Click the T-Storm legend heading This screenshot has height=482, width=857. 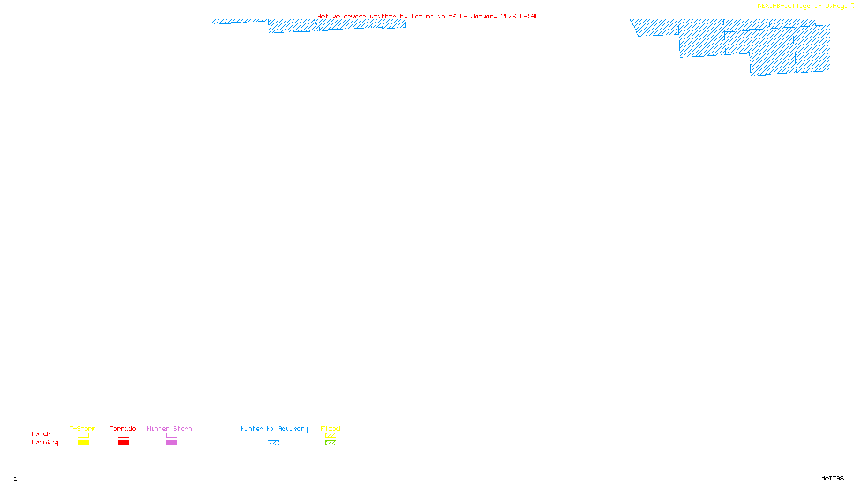click(82, 428)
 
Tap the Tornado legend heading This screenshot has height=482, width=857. click(123, 428)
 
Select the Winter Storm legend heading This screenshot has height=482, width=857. click(169, 428)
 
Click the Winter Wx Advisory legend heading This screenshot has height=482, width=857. click(274, 428)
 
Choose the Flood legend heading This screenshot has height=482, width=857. click(330, 428)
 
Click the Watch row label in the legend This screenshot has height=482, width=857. click(41, 434)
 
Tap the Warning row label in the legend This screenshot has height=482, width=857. click(44, 442)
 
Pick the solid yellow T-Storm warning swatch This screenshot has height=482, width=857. click(83, 443)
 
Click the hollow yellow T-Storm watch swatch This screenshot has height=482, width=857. click(83, 435)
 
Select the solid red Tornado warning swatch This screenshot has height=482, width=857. click(123, 443)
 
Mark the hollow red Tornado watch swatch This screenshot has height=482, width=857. click(123, 435)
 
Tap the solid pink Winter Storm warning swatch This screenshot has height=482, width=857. click(171, 443)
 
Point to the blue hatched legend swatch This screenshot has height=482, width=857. click(273, 443)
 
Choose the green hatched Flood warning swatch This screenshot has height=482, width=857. click(330, 443)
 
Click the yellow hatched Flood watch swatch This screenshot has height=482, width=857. click(330, 435)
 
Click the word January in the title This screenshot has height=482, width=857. click(484, 16)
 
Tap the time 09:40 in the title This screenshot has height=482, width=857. click(529, 16)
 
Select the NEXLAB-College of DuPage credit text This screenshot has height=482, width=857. click(802, 6)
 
